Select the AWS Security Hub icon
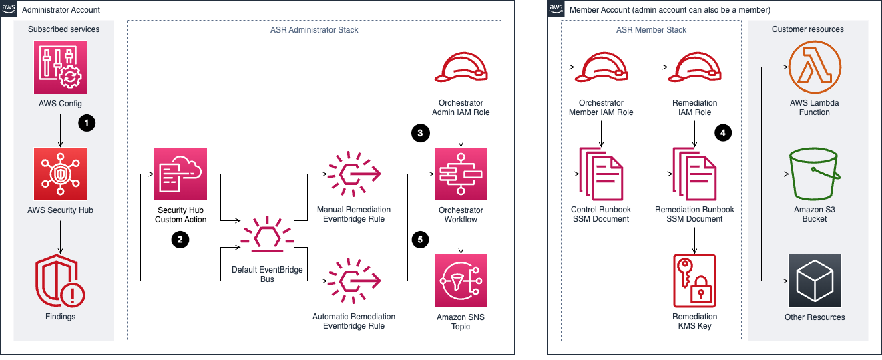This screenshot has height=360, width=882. pyautogui.click(x=60, y=173)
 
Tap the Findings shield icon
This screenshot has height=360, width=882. pyautogui.click(x=60, y=281)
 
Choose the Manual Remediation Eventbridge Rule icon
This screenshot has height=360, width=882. pyautogui.click(x=353, y=174)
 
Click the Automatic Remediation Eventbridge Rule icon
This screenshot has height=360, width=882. pyautogui.click(x=353, y=281)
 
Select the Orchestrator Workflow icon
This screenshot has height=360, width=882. pyautogui.click(x=461, y=174)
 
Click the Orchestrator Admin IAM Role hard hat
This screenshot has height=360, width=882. pyautogui.click(x=461, y=68)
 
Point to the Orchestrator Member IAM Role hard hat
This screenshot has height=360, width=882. pyautogui.click(x=601, y=68)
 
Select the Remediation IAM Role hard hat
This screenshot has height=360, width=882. pyautogui.click(x=696, y=68)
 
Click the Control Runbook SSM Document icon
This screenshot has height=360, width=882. pyautogui.click(x=601, y=175)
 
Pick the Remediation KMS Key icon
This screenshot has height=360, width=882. pyautogui.click(x=695, y=281)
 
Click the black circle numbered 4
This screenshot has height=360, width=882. pyautogui.click(x=722, y=133)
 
